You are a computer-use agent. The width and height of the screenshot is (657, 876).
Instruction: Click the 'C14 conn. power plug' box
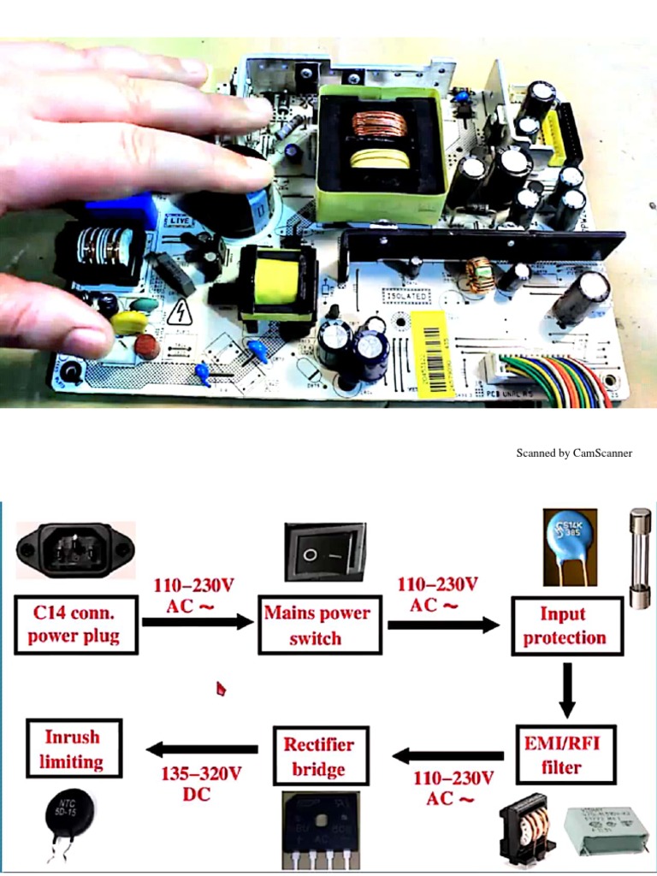[x=76, y=624]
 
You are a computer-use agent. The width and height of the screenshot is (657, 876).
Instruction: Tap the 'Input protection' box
[x=566, y=625]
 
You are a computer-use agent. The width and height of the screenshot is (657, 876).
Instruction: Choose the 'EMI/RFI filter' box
[x=565, y=755]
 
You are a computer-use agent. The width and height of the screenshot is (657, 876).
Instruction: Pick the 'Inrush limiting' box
[x=74, y=749]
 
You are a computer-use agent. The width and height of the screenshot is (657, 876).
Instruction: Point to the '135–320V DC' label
[x=202, y=784]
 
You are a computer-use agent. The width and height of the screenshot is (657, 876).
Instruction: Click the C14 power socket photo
[x=76, y=550]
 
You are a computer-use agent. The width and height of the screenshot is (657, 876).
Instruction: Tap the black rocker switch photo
[x=325, y=553]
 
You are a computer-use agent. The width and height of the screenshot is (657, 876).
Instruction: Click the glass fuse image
[x=640, y=558]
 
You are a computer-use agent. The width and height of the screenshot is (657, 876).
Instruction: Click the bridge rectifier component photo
[x=320, y=828]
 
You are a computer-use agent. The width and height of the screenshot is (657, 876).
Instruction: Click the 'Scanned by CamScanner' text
[x=574, y=453]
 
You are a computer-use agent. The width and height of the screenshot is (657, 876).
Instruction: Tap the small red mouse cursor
[x=221, y=689]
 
